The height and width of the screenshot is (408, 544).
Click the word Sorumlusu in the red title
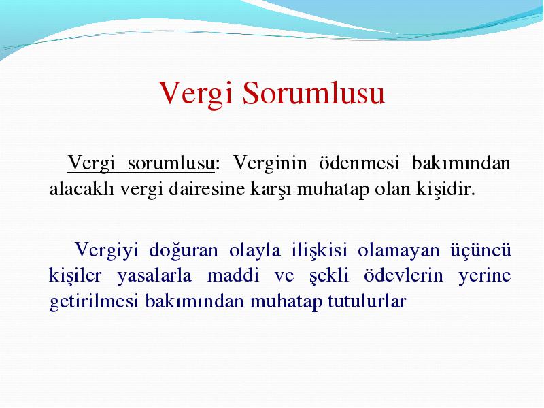pos(313,92)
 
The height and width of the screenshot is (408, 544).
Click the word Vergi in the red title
pos(196,94)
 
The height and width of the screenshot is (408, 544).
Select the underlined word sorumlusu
pos(171,163)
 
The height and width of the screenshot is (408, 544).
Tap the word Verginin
pos(270,163)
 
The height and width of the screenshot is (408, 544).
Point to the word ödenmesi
pos(359,163)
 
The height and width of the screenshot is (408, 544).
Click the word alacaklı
pos(82,189)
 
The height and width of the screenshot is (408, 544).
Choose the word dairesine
pos(207,189)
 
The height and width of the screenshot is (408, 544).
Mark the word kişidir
pos(445,189)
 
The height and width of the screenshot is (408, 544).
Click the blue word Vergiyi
pos(107,250)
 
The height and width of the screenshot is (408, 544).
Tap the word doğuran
pos(184,250)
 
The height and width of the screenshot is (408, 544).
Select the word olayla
pos(254,250)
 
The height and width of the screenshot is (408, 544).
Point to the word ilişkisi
pos(319,250)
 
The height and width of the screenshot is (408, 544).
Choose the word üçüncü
pos(481,250)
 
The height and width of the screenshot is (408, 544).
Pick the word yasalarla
pos(154,276)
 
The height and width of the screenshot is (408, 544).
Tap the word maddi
pos(233,275)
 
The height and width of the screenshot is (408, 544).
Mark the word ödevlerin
pos(403,275)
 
